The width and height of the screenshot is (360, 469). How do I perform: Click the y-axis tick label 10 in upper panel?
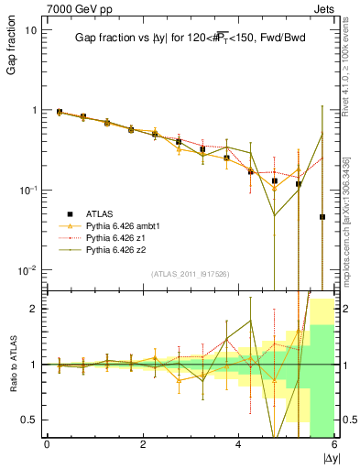coord(30,30)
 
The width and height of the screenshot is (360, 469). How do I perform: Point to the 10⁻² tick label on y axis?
coord(27,270)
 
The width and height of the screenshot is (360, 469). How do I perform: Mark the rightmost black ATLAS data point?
coord(322,217)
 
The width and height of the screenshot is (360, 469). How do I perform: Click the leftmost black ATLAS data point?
coord(60,112)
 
